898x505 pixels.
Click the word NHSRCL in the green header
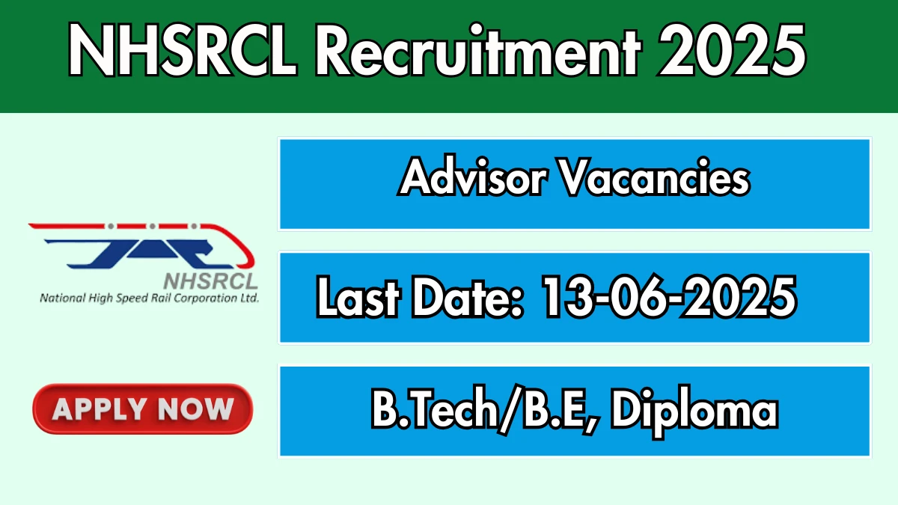[183, 50]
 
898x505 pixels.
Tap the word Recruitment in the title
[479, 50]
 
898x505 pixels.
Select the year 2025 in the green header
[731, 50]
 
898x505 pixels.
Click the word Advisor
[474, 177]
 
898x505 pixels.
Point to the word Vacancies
[656, 177]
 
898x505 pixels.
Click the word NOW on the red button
[195, 409]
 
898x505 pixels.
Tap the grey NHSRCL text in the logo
[211, 281]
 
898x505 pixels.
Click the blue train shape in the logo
[138, 254]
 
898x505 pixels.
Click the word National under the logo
[63, 299]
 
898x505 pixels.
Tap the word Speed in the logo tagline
[132, 299]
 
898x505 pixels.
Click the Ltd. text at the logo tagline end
[250, 299]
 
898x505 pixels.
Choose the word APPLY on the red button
[100, 409]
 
